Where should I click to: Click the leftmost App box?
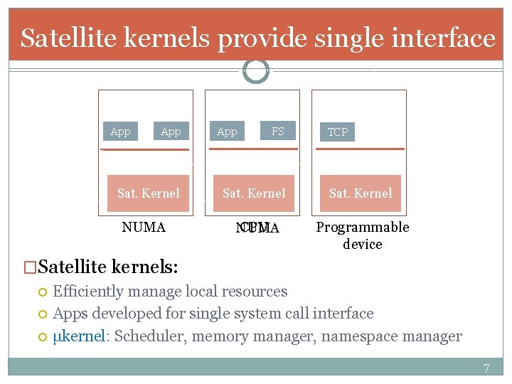tap(120, 132)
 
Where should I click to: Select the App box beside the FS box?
tap(227, 132)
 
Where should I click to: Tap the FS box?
tap(277, 131)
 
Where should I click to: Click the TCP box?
tap(337, 132)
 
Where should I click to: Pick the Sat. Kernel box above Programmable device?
tap(360, 193)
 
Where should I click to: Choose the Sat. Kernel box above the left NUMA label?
tap(148, 193)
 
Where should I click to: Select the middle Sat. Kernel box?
tap(254, 193)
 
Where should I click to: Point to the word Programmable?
tap(362, 228)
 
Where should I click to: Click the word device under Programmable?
tap(362, 245)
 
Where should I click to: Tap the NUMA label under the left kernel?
tap(144, 228)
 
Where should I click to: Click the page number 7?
tap(486, 368)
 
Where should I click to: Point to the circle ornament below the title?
tap(256, 70)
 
